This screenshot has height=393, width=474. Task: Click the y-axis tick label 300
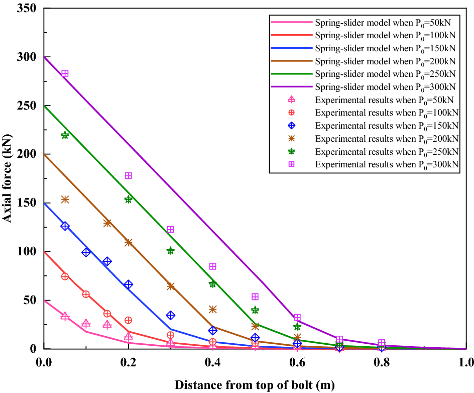click(x=29, y=57)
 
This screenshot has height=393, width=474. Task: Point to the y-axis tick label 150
click(x=29, y=203)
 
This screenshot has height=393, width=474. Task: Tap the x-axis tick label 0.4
click(x=212, y=362)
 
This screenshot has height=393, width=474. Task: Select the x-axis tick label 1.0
click(x=466, y=362)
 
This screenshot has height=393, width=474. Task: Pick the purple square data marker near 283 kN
click(x=65, y=73)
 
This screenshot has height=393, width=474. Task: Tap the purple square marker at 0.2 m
click(x=129, y=175)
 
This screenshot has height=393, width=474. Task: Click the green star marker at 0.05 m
click(x=65, y=135)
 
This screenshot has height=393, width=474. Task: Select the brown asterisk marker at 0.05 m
click(x=65, y=200)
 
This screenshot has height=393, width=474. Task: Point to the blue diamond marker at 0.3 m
click(x=171, y=315)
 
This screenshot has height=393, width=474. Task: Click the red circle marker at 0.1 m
click(x=86, y=294)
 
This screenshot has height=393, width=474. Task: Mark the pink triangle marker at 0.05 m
click(x=65, y=316)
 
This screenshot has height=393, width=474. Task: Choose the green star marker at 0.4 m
click(x=213, y=283)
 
